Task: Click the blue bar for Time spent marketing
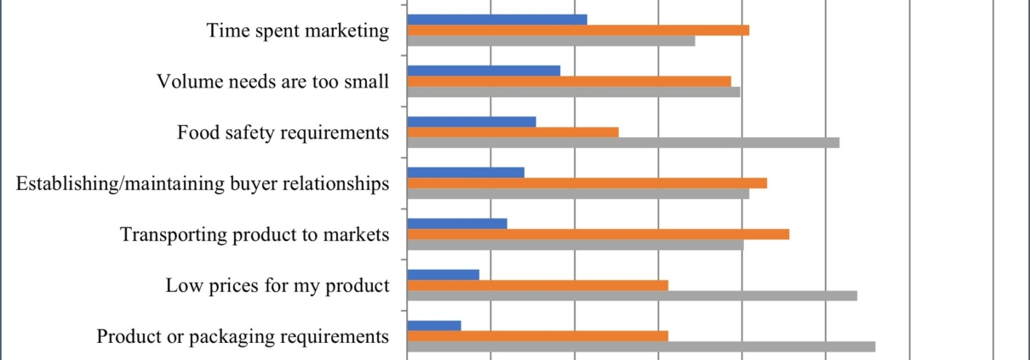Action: pos(497,20)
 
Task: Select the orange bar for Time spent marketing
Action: pos(578,30)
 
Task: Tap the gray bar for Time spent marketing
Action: pos(551,40)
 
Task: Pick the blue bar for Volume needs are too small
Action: pos(484,71)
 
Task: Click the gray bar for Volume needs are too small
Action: pos(574,91)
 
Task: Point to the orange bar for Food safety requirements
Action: pos(512,132)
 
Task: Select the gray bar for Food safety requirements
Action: pos(623,142)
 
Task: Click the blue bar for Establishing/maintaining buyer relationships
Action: pos(466,172)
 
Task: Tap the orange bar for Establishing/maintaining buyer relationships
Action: pos(587,182)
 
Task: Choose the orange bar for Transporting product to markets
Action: pos(598,234)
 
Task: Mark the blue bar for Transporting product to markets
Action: pos(457,223)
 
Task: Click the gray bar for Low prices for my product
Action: pos(632,295)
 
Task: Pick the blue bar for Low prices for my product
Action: pos(443,274)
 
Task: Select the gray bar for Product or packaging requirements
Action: pos(641,346)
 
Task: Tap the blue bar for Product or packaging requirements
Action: pos(434,325)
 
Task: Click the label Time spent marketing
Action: pos(298,31)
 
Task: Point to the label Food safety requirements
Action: pos(283,133)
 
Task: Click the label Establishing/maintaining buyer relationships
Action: pos(203,184)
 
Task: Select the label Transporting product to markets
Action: pos(255,235)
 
